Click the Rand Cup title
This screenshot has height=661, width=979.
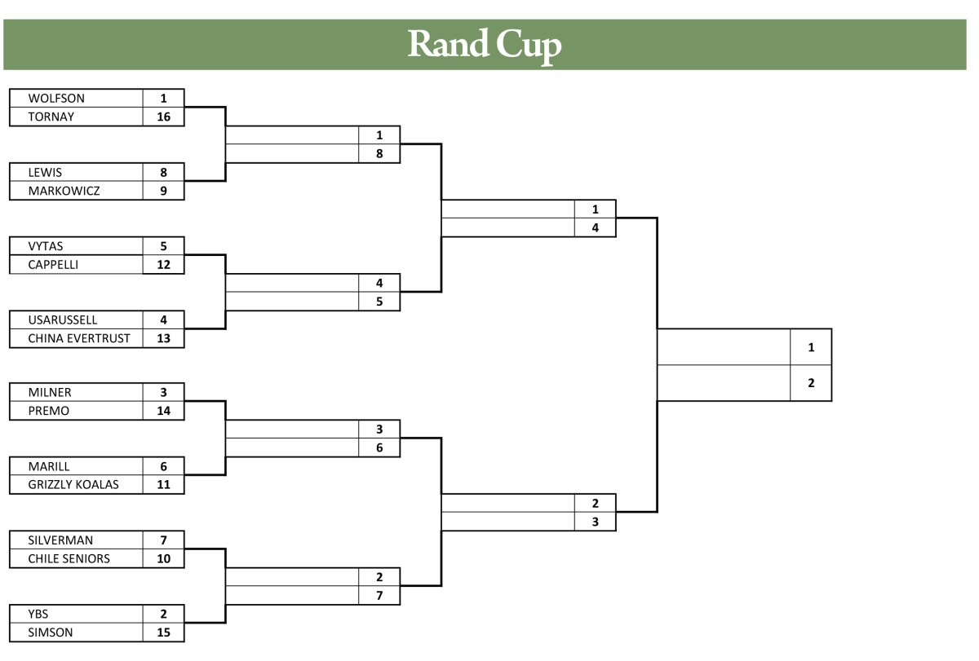[485, 44]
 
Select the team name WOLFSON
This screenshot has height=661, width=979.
[56, 99]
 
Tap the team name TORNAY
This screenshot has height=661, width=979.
[51, 117]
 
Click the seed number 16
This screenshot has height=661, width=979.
[163, 117]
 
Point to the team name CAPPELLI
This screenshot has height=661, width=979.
[53, 265]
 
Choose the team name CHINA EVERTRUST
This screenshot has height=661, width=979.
[79, 338]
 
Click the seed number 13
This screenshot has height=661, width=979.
[163, 338]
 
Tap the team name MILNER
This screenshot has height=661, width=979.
[50, 393]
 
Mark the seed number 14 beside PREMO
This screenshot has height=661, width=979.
[163, 411]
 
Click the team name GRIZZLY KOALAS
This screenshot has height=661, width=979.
[73, 485]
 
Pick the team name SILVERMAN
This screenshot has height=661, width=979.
[60, 540]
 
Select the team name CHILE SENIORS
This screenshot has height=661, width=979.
[69, 559]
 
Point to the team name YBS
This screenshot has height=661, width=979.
[39, 615]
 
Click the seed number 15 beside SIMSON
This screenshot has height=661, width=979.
[163, 632]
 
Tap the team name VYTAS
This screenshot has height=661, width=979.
[46, 246]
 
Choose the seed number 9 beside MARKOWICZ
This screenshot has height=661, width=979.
[163, 191]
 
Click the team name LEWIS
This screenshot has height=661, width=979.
[45, 173]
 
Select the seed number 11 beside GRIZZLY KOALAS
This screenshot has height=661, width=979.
[163, 485]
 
